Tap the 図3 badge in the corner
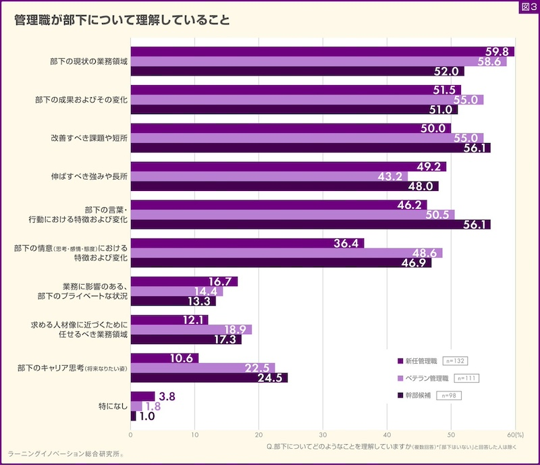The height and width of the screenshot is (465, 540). [529, 7]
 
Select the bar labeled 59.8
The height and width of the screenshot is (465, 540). [322, 51]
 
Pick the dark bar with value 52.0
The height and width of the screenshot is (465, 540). [297, 72]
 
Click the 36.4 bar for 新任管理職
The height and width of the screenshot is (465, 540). [247, 243]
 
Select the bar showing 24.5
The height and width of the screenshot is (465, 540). [209, 378]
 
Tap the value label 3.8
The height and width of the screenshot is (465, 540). [167, 397]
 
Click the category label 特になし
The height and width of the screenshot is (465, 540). [113, 407]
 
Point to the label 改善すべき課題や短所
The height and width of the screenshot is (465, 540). [90, 138]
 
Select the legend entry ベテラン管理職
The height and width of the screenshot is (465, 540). [425, 378]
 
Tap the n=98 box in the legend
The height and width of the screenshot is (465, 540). [448, 395]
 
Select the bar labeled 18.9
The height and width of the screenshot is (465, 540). [191, 329]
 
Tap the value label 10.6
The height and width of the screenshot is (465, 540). [183, 358]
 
